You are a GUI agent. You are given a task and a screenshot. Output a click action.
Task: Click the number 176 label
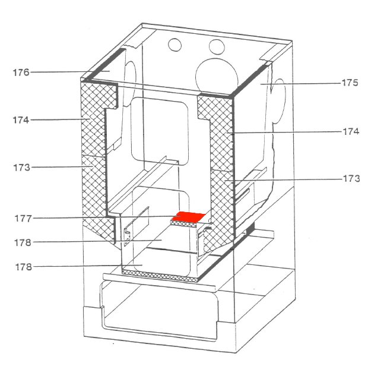click(x=21, y=72)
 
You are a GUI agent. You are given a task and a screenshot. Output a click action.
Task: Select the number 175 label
click(x=350, y=83)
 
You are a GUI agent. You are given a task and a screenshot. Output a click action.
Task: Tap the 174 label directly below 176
click(x=21, y=120)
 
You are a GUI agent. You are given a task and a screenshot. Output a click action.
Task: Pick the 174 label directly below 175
click(x=351, y=131)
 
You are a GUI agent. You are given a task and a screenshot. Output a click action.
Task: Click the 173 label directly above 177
click(x=21, y=168)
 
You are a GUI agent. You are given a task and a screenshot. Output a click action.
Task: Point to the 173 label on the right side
click(x=351, y=179)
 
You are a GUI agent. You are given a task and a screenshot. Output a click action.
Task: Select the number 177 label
click(x=23, y=219)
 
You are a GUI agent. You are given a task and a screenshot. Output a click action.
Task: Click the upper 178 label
click(x=23, y=242)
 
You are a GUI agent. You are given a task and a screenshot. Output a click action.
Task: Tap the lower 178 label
click(x=24, y=267)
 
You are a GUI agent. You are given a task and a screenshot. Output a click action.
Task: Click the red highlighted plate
click(x=189, y=217)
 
